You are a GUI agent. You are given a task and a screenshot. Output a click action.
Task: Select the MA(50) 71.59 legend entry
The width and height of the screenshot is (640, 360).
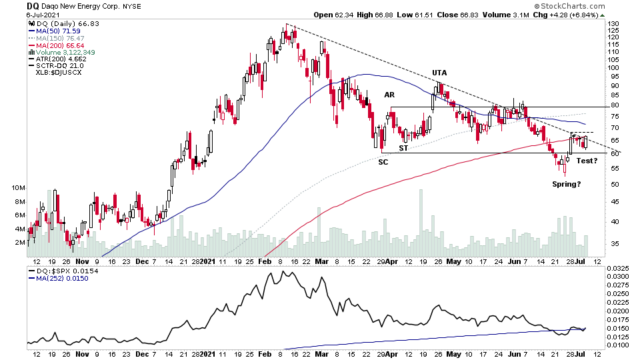click(54, 31)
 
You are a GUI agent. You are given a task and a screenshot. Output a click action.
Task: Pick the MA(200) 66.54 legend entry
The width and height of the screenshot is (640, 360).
click(55, 44)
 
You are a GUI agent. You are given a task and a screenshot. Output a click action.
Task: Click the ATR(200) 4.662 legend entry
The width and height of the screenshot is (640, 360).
click(58, 58)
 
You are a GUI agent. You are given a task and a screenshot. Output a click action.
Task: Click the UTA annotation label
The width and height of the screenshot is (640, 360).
click(439, 73)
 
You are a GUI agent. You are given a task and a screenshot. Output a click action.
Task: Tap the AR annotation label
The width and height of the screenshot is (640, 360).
click(390, 95)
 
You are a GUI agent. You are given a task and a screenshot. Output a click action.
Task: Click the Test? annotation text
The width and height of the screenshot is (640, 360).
click(587, 161)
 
